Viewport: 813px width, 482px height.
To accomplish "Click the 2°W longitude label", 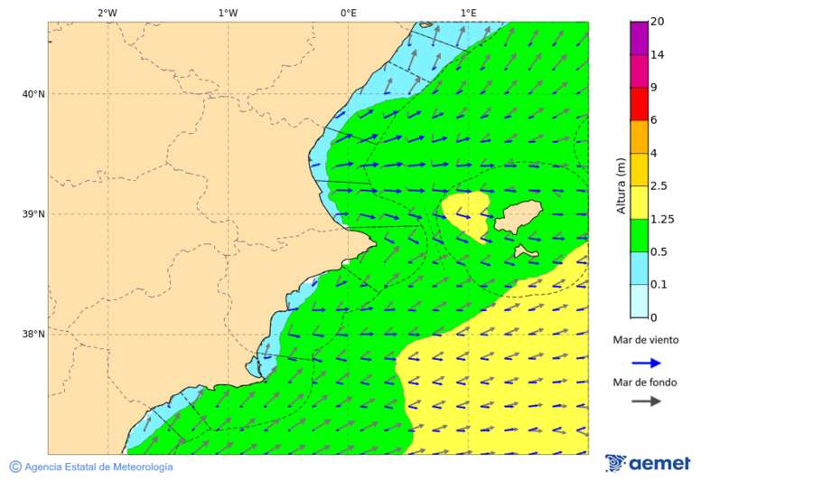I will coord(107,13).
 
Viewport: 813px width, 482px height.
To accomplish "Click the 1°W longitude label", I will coord(228,13).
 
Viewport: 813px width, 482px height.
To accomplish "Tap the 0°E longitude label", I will coord(348,13).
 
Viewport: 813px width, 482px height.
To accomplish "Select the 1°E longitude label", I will coord(468,13).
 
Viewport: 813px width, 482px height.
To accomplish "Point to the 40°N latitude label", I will coord(33,94).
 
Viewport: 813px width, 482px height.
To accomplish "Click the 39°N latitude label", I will coord(33,214).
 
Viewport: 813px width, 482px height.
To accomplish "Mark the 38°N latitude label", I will coord(33,335).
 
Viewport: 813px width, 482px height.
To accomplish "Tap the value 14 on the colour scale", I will coord(657,55).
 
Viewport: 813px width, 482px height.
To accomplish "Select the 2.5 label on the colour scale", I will coord(659,186).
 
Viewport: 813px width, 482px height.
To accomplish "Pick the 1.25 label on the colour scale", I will coord(661,219).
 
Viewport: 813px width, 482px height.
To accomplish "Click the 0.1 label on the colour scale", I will coord(659,285).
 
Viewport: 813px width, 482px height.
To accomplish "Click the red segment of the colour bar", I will coord(639,104).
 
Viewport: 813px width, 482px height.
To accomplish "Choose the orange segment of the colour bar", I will coord(639,137).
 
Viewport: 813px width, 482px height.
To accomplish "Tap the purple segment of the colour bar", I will coord(639,38).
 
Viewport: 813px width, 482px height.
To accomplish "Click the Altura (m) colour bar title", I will coord(621,185).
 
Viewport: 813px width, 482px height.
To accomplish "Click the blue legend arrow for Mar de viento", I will coord(646,363).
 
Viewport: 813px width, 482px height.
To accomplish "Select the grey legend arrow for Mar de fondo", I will coord(646,401).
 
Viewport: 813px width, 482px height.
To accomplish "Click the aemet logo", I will coord(648,463).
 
